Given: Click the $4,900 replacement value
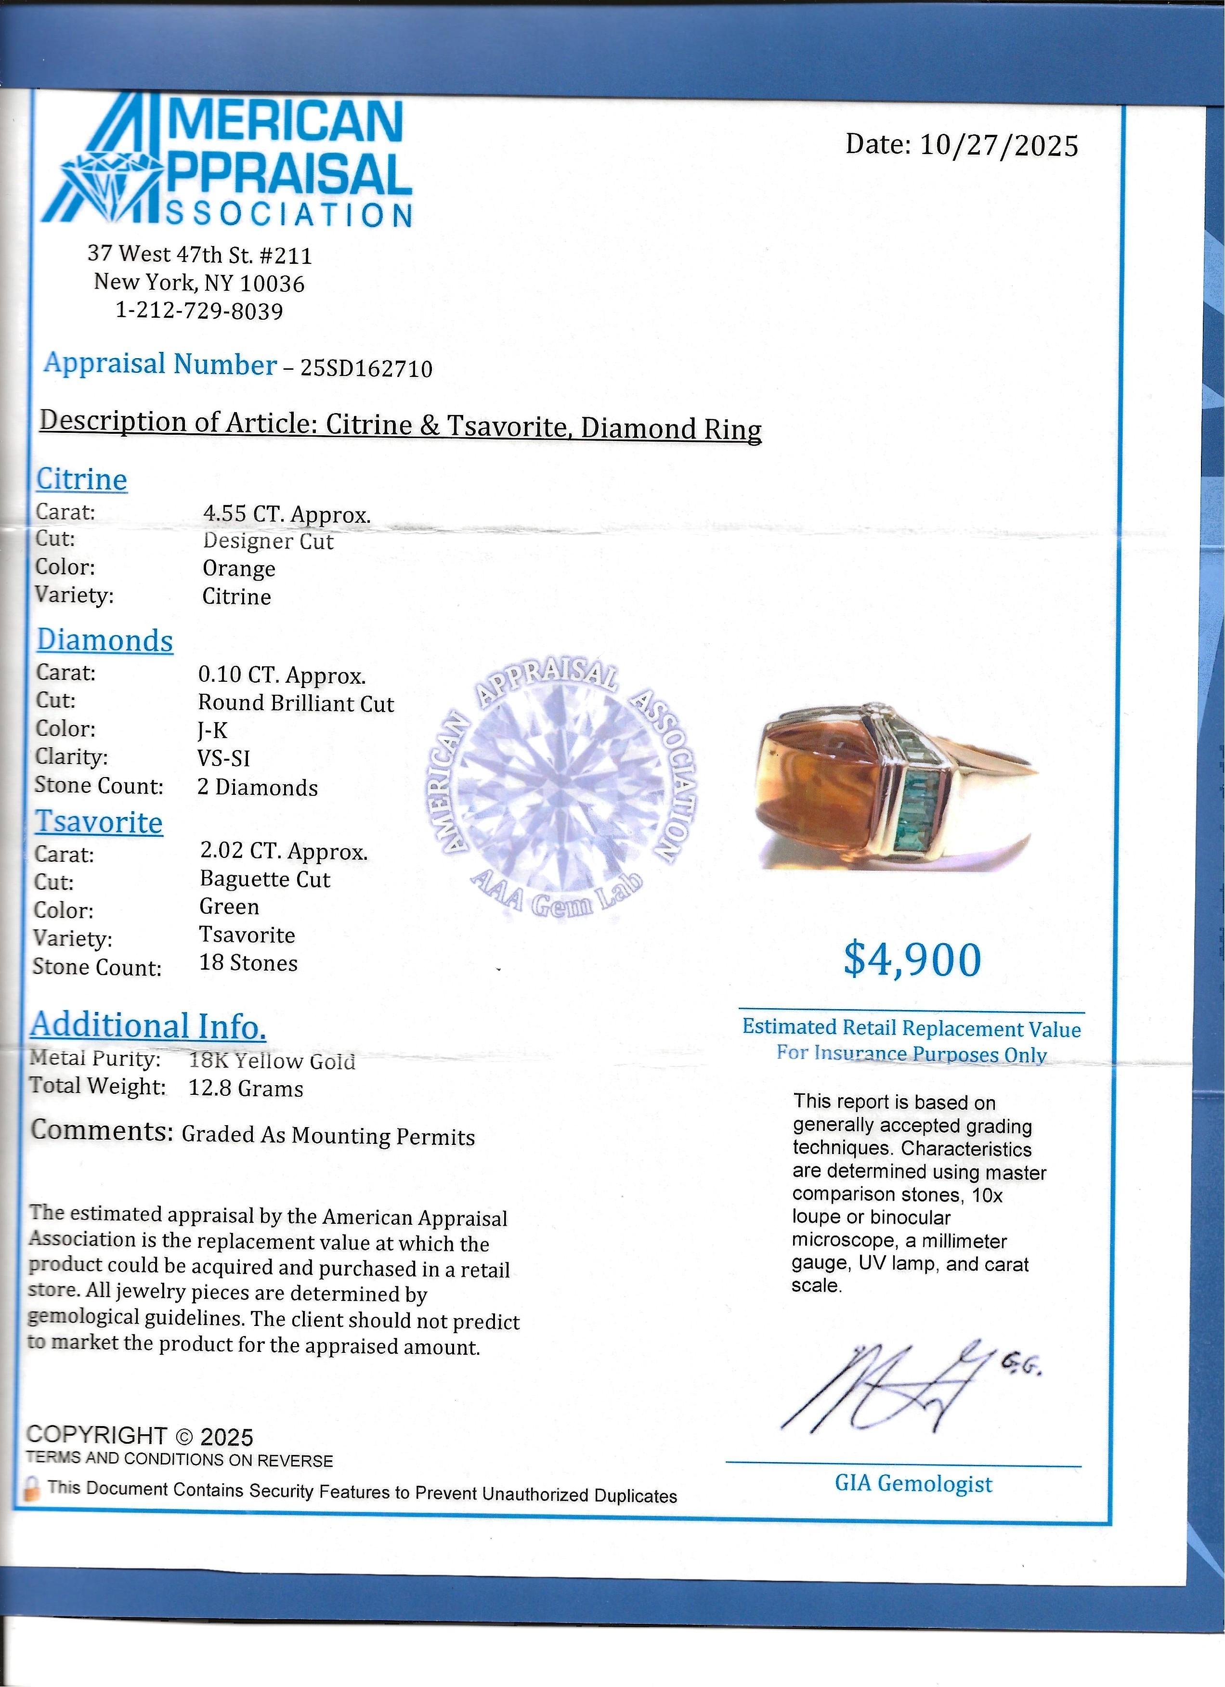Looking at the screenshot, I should coord(912,960).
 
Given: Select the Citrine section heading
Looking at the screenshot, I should coord(82,479).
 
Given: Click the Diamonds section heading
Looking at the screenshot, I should coord(105,640).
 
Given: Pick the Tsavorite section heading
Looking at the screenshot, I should coord(99,822).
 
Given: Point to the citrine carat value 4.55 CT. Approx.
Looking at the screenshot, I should coord(287,514).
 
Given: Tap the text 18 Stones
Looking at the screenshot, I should coord(248,963).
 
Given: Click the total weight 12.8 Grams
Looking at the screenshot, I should coord(246,1089).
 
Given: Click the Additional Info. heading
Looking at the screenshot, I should coord(148,1026).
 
